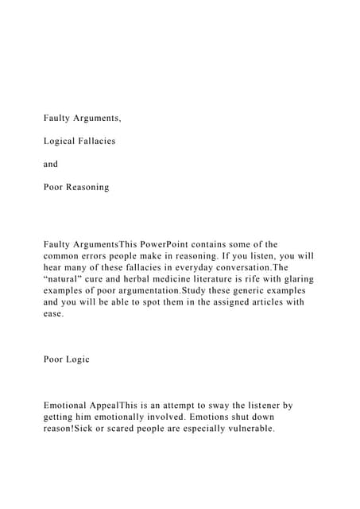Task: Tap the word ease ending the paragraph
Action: point(53,315)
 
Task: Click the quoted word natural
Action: point(67,279)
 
